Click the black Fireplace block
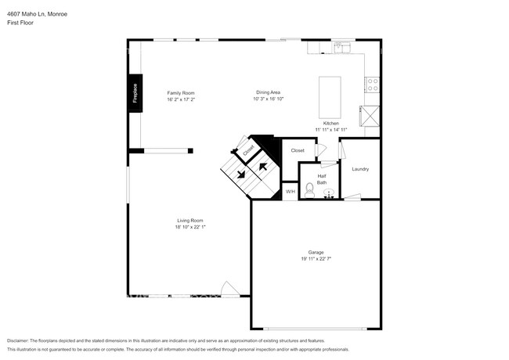[135, 93]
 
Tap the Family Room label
[180, 93]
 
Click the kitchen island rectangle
[331, 95]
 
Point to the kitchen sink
[343, 49]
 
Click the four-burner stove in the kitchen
[372, 84]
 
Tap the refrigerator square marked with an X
[370, 116]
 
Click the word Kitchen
[331, 124]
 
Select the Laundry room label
[360, 169]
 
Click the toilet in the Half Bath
[309, 189]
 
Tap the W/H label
[290, 192]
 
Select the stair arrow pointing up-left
[263, 165]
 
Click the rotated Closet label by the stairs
[248, 148]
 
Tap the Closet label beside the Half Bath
[298, 150]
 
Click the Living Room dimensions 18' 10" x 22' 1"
[190, 227]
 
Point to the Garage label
[316, 252]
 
